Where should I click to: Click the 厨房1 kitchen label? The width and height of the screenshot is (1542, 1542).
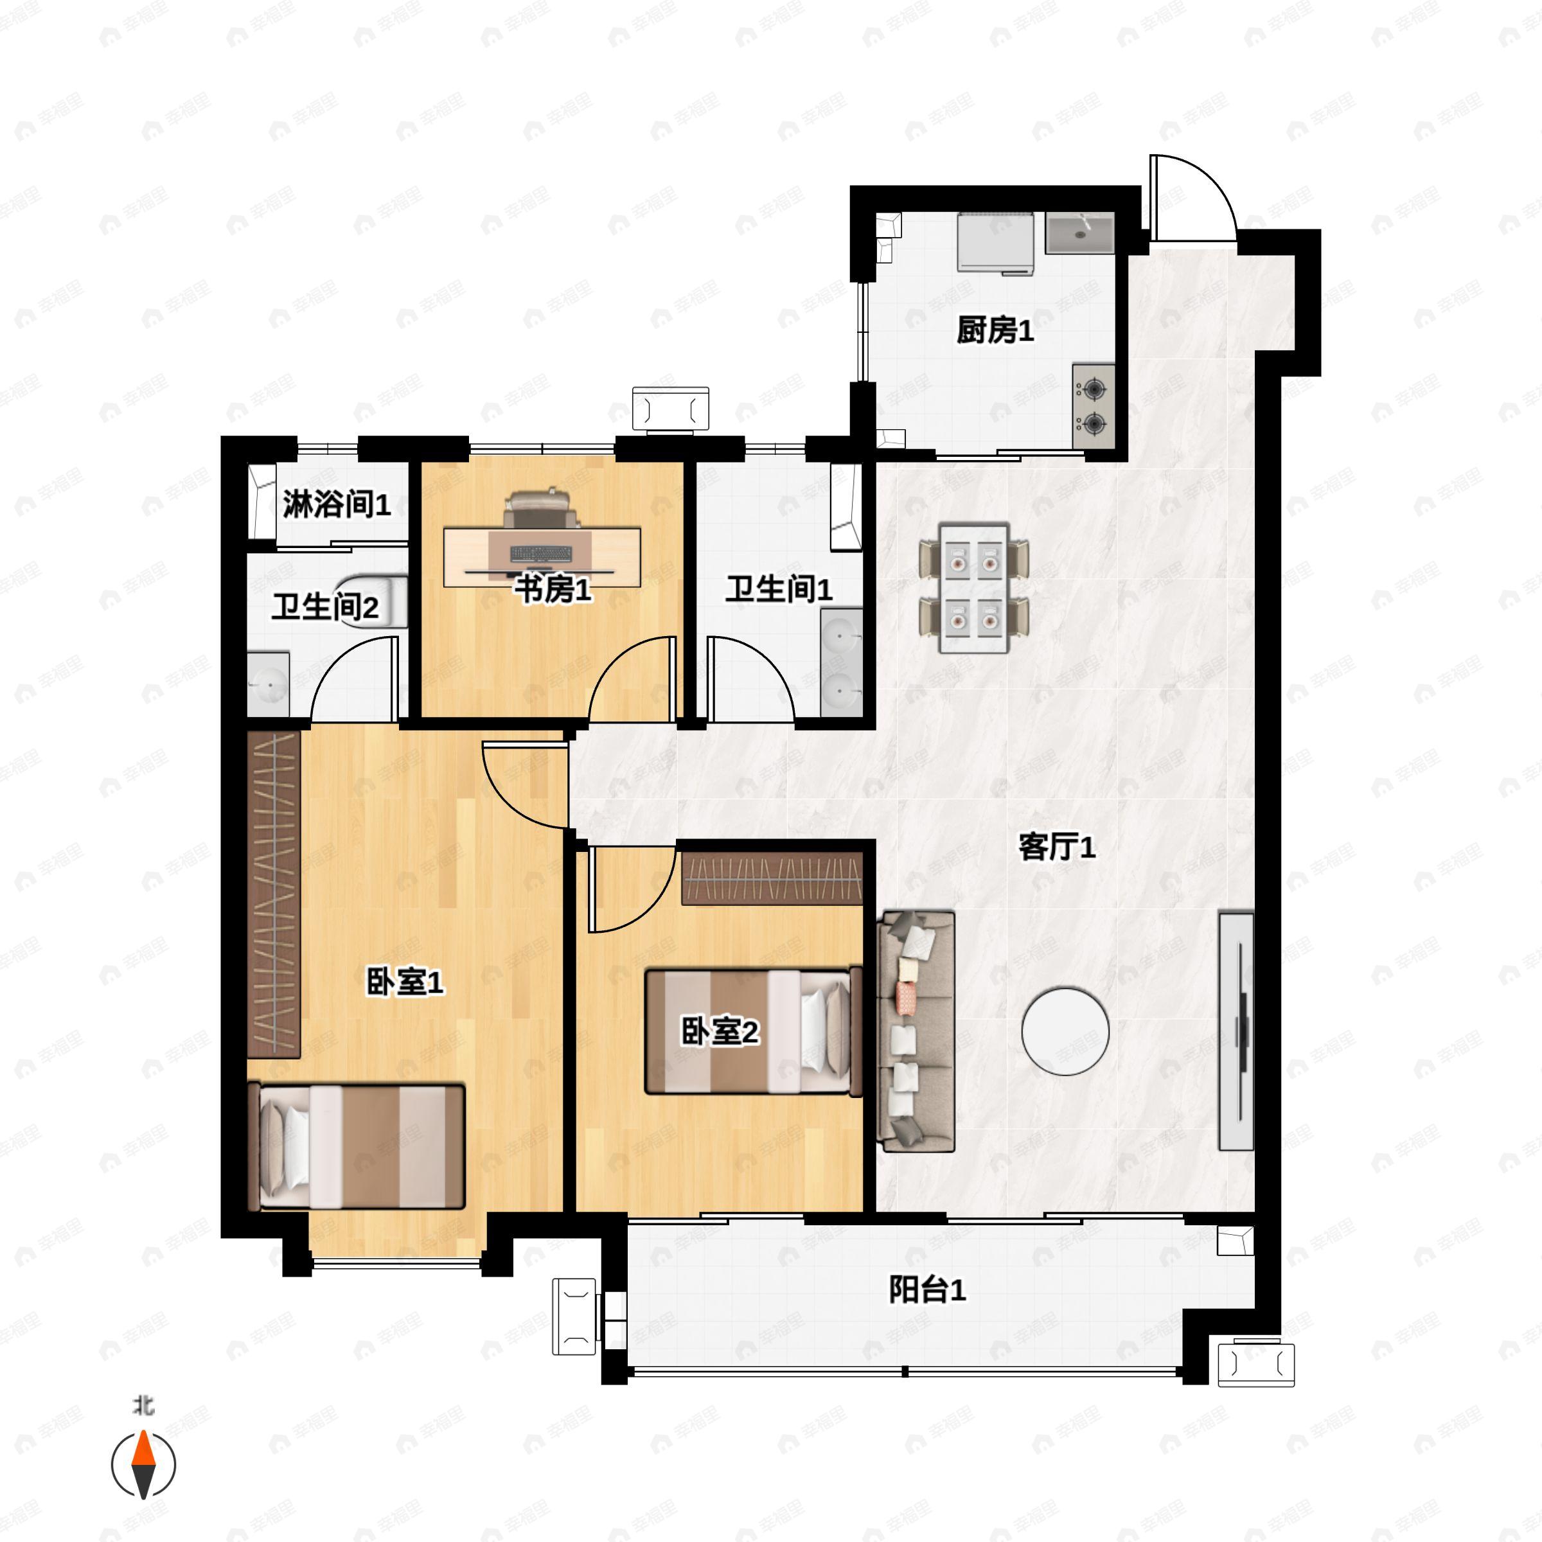pos(995,330)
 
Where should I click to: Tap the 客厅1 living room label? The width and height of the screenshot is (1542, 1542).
pos(1056,847)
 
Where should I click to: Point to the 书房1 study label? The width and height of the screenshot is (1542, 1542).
pos(553,590)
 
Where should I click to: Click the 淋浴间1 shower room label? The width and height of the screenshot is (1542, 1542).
pos(336,504)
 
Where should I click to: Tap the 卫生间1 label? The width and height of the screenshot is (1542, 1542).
pos(778,590)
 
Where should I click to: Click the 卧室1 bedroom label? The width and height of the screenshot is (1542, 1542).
pos(405,982)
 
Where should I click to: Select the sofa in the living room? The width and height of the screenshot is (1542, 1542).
pos(916,1032)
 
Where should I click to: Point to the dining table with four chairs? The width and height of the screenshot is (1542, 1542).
pos(974,587)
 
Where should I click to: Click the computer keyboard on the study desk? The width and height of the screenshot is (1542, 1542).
pos(541,553)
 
